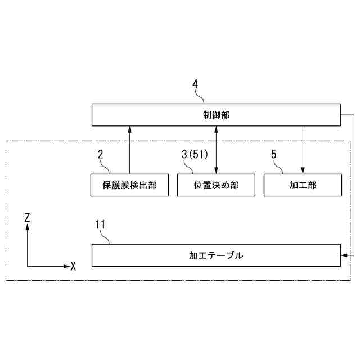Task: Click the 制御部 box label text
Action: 216,115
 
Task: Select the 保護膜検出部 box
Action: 129,185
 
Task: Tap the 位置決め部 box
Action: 216,185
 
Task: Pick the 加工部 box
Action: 303,185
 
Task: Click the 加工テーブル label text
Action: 216,255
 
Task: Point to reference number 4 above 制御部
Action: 195,84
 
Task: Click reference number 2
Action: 100,153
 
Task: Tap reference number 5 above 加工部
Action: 274,153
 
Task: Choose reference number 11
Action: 100,224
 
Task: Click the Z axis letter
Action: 27,216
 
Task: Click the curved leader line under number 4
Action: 199,97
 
